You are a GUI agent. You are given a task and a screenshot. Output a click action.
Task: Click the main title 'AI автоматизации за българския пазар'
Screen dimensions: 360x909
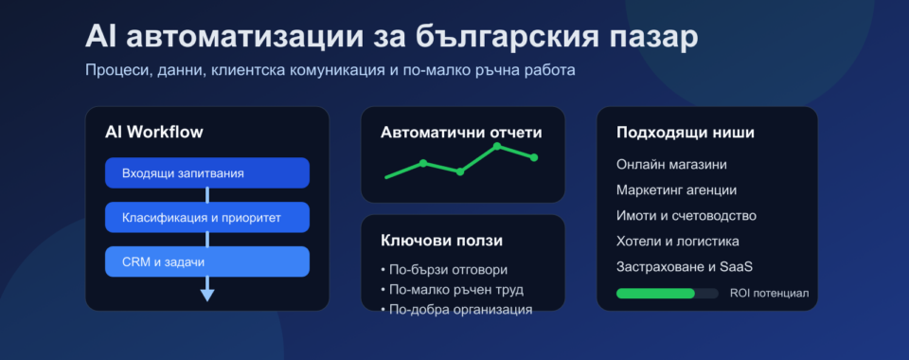pyautogui.click(x=392, y=37)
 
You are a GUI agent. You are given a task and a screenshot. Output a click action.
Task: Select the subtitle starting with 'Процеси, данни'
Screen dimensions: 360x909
pyautogui.click(x=330, y=70)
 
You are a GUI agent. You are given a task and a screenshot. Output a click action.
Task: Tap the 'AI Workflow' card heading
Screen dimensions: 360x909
pyautogui.click(x=153, y=132)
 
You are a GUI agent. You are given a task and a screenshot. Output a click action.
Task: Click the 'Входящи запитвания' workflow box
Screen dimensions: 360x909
pyautogui.click(x=206, y=173)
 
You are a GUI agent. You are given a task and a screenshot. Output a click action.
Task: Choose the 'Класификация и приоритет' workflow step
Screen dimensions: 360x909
pyautogui.click(x=206, y=218)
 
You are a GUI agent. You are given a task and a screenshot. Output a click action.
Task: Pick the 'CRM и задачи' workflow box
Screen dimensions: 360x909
pyautogui.click(x=206, y=261)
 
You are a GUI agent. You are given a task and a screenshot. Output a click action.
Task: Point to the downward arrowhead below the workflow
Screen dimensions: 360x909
pyautogui.click(x=207, y=295)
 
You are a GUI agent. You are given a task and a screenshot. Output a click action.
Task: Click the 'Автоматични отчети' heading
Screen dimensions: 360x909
pyautogui.click(x=461, y=133)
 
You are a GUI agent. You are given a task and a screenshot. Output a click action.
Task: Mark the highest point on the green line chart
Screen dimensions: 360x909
pyautogui.click(x=497, y=146)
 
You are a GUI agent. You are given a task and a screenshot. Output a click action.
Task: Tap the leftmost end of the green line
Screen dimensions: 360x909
pyautogui.click(x=386, y=177)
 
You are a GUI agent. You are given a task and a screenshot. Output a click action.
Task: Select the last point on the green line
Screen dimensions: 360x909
pyautogui.click(x=534, y=157)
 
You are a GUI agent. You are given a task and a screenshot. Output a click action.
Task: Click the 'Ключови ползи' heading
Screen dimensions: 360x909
pyautogui.click(x=441, y=241)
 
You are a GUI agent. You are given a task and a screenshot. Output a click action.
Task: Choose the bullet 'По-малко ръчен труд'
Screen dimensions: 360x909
pyautogui.click(x=452, y=289)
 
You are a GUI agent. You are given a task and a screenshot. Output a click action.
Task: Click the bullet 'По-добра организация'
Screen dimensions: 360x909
pyautogui.click(x=455, y=308)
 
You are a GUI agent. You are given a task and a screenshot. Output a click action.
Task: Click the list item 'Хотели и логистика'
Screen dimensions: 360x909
pyautogui.click(x=677, y=242)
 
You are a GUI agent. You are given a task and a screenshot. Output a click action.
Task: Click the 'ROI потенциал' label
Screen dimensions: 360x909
pyautogui.click(x=769, y=294)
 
